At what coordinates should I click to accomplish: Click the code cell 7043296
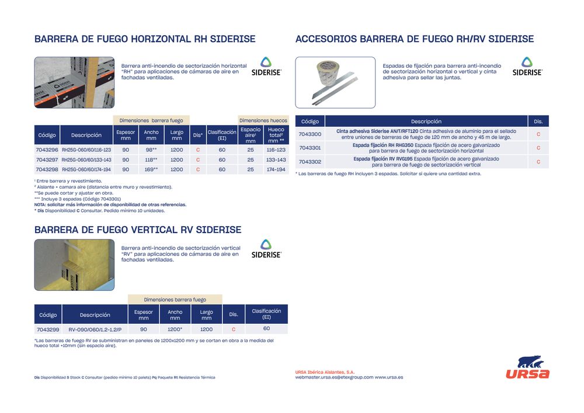click(x=47, y=150)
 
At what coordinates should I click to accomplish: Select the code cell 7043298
click(x=47, y=169)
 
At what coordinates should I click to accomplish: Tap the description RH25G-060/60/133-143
click(x=86, y=159)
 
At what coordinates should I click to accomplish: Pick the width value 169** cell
click(x=151, y=169)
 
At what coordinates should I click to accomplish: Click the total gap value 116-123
click(x=276, y=150)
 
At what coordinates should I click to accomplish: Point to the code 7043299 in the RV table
click(x=47, y=329)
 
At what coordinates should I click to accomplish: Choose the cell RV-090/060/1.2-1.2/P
click(x=95, y=329)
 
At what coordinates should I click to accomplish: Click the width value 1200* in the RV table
click(x=175, y=329)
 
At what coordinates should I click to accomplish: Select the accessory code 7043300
click(x=310, y=134)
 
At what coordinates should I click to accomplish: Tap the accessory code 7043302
click(x=310, y=162)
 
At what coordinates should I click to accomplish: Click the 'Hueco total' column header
click(x=276, y=135)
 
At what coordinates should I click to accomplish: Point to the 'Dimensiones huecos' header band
click(x=263, y=120)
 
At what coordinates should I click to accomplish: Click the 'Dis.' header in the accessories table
click(x=538, y=122)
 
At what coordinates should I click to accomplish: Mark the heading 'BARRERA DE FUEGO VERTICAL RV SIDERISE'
click(x=138, y=230)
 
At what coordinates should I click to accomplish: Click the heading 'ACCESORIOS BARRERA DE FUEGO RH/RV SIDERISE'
click(x=415, y=39)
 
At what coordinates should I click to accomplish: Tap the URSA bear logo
click(x=527, y=367)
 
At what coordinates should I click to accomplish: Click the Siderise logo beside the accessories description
click(x=527, y=67)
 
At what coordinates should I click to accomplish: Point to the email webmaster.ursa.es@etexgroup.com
click(x=334, y=377)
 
